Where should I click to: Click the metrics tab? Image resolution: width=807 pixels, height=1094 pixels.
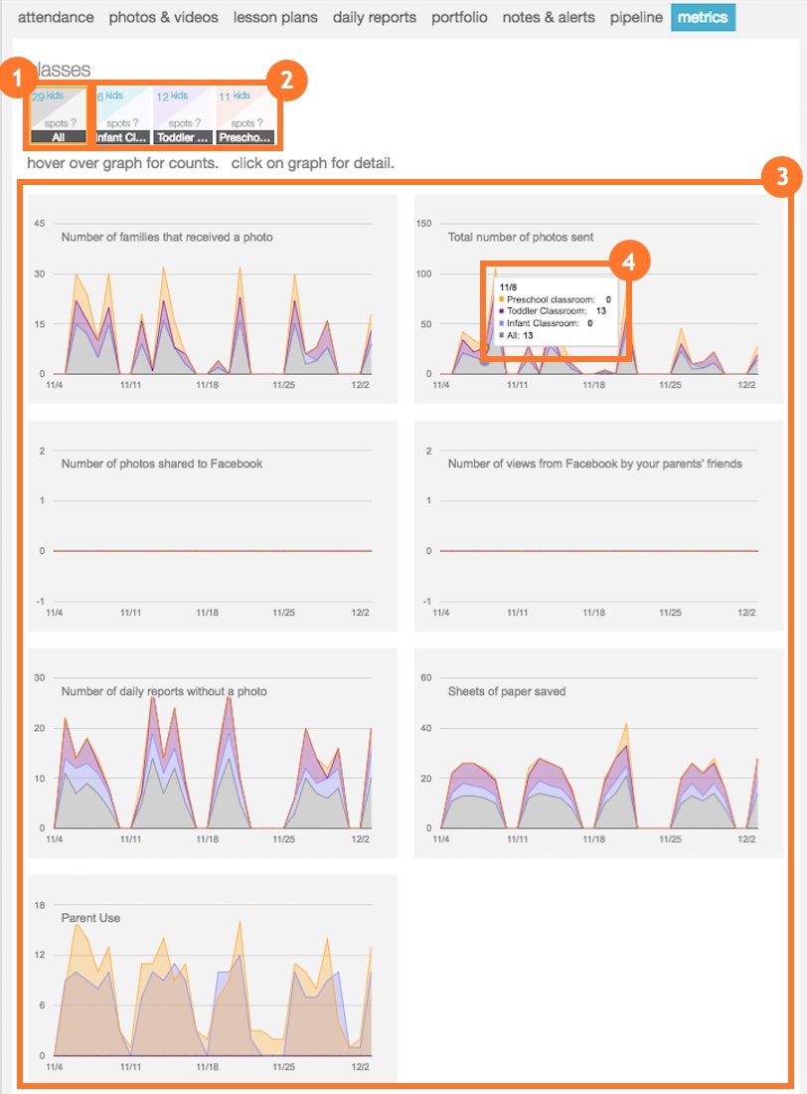coord(703,18)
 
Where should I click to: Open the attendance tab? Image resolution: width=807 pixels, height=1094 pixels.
coord(57,18)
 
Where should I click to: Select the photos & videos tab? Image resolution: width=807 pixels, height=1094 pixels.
coord(164,18)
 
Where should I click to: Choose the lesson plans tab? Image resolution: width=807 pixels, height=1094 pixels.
coord(275,18)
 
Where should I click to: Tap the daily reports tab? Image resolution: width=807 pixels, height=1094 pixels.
coord(375,18)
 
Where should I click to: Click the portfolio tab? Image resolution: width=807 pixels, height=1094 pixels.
coord(459,18)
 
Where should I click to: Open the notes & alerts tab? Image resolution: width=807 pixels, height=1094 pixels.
coord(549,18)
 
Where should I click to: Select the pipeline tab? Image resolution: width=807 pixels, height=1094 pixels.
coord(636,18)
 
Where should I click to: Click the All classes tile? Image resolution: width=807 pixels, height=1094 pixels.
coord(57,115)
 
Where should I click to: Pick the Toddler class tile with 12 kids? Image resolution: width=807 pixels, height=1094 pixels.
coord(183,115)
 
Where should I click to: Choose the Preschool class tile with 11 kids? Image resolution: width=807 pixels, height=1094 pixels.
coord(244,115)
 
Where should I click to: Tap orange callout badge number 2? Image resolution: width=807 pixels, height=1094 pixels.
coord(287,81)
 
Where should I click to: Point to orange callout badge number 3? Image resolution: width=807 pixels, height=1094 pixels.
coord(781,178)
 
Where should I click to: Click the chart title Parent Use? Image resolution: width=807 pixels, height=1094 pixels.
coord(90,918)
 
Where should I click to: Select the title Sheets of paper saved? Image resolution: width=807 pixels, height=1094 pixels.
coord(506,691)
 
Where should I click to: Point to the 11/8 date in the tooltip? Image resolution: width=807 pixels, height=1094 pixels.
coord(507,285)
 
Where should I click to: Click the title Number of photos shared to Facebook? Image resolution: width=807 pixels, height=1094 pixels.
coord(161,463)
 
